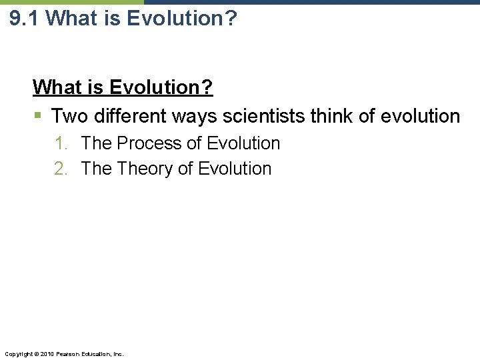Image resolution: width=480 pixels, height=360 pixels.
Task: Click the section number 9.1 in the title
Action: [25, 18]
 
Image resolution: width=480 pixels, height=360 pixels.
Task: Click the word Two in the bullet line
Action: [70, 117]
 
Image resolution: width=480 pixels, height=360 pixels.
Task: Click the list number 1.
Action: [61, 143]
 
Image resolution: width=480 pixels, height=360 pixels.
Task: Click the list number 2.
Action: [61, 169]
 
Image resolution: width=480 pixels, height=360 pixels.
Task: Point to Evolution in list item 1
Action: [244, 143]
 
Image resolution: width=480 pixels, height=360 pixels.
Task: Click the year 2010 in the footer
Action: [46, 353]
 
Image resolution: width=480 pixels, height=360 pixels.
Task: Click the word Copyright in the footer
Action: [18, 353]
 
